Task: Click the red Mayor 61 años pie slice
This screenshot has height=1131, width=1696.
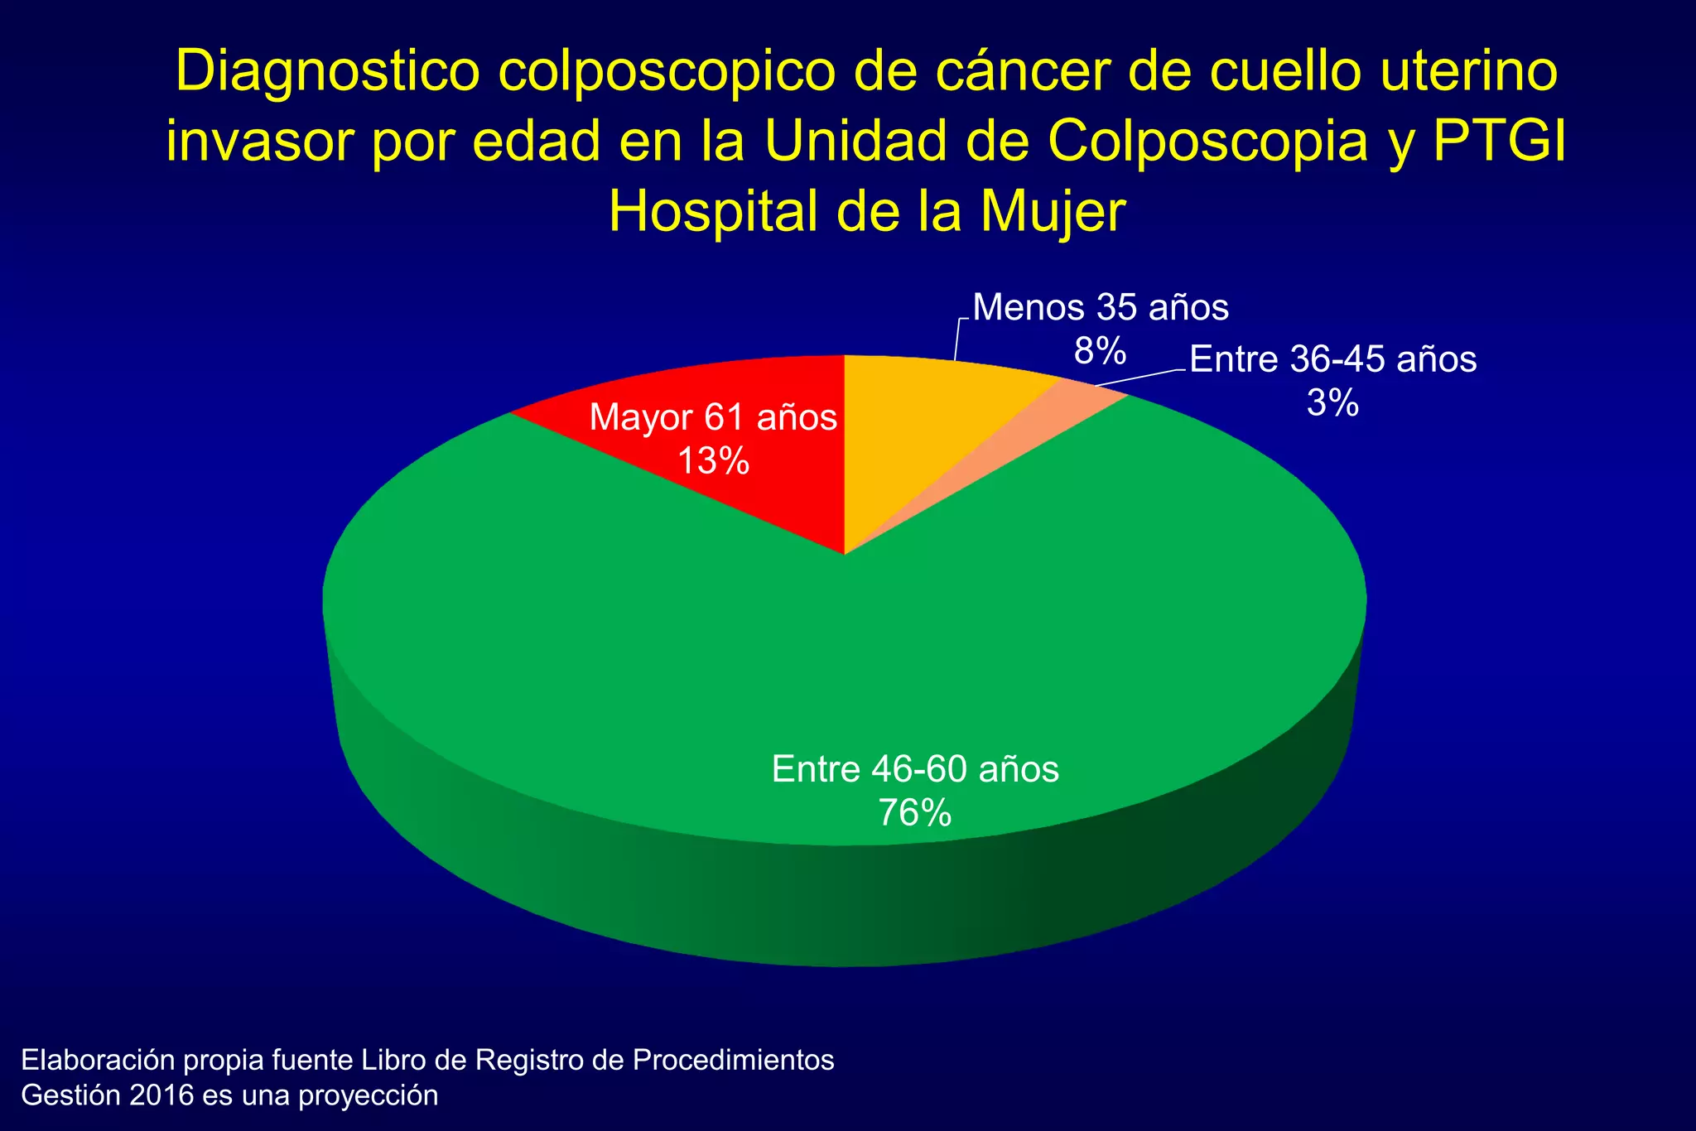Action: click(745, 497)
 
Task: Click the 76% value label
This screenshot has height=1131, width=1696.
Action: click(914, 813)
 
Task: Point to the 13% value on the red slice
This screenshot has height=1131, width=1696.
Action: click(713, 460)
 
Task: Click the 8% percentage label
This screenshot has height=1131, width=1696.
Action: click(1100, 351)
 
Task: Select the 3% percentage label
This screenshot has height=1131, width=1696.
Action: click(1332, 403)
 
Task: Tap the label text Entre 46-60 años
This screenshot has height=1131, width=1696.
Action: click(915, 769)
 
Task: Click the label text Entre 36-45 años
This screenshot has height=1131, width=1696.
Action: click(1332, 359)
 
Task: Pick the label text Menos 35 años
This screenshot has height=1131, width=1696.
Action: click(1100, 307)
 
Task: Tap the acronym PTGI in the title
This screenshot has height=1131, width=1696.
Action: click(1499, 142)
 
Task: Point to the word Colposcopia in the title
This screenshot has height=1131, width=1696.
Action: click(1208, 142)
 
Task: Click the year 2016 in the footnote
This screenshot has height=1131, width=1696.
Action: click(163, 1095)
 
